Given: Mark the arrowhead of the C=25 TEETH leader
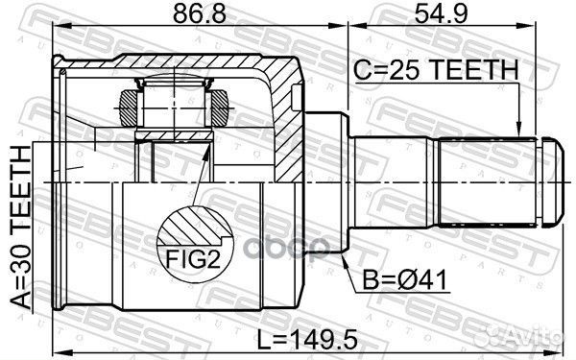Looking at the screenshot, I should tap(518, 132).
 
